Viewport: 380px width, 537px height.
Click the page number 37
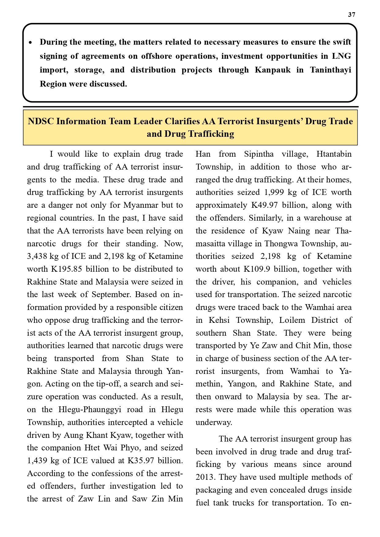click(352, 15)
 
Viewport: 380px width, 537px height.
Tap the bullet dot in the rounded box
click(30, 42)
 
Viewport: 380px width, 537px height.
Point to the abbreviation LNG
click(341, 56)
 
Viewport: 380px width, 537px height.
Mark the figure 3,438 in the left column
click(38, 256)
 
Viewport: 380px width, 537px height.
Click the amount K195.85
click(67, 269)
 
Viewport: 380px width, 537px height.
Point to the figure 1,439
click(38, 461)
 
